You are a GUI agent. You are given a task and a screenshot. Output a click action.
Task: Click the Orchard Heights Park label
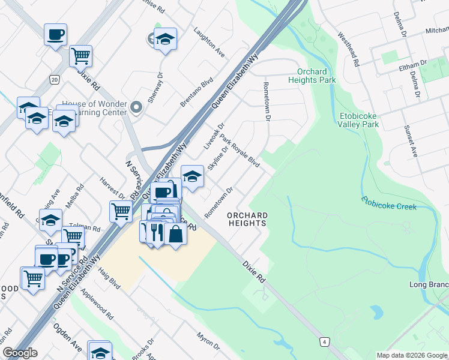point(312,75)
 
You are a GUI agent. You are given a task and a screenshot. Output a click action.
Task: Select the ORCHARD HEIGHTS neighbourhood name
point(246,219)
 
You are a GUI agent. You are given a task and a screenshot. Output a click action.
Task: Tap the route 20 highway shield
point(55,79)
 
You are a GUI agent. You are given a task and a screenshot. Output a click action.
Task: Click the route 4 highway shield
point(324,341)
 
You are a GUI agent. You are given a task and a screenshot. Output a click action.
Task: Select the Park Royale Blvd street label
point(239,151)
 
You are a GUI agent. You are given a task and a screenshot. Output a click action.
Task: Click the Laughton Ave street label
point(209,42)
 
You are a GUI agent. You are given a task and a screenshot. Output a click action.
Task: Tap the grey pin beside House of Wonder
point(136,108)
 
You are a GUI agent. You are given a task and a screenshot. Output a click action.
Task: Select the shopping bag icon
point(176,233)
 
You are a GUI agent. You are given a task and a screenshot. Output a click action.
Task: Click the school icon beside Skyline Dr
point(192,176)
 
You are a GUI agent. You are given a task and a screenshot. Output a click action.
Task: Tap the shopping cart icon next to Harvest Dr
point(121,211)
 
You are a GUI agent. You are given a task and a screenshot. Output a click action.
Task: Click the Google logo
point(20,353)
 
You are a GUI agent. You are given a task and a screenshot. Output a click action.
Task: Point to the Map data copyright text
point(412,355)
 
